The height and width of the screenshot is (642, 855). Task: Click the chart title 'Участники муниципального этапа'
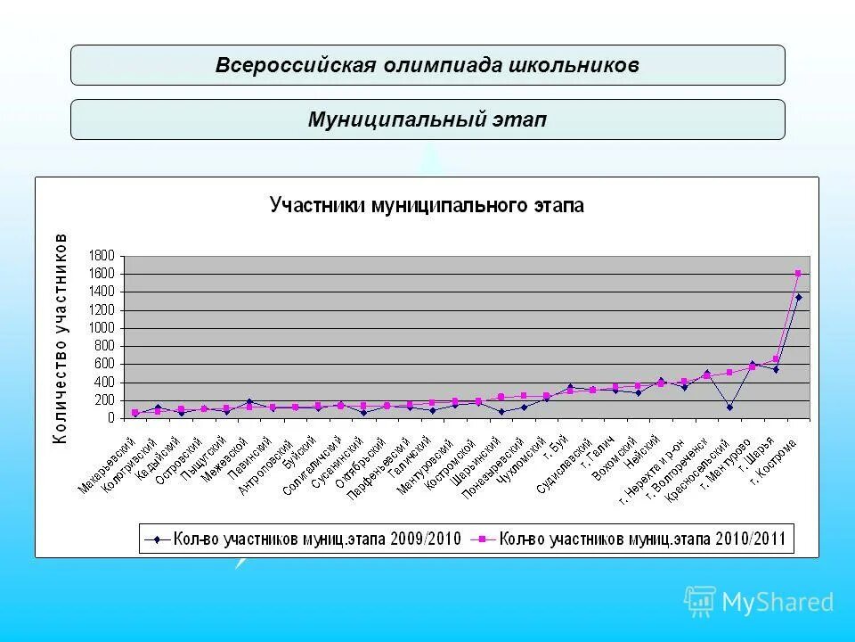[427, 206]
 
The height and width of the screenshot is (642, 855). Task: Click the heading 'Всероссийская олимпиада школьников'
[427, 66]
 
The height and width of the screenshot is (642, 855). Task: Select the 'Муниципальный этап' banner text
[427, 119]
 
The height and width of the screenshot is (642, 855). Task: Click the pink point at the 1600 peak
[798, 273]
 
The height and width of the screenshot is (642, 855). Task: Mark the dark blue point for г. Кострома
[798, 297]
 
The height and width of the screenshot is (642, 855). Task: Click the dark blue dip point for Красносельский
[729, 407]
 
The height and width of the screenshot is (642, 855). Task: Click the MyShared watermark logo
[760, 602]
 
